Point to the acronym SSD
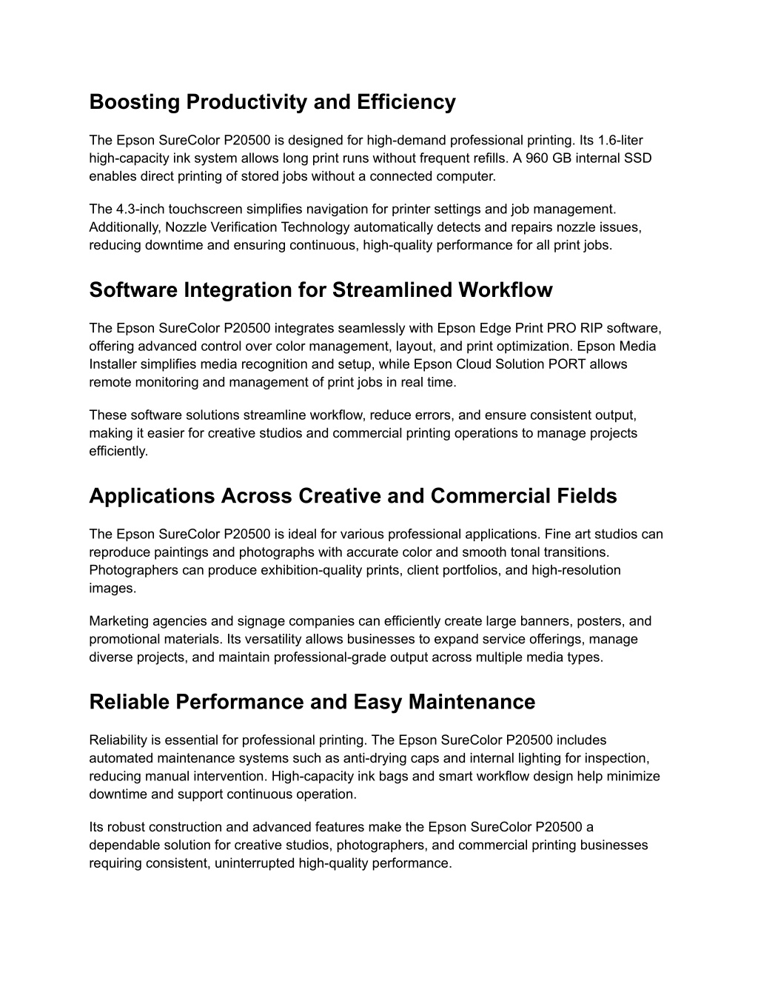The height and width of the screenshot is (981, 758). pyautogui.click(x=637, y=158)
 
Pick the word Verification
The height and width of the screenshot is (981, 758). pyautogui.click(x=224, y=227)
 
